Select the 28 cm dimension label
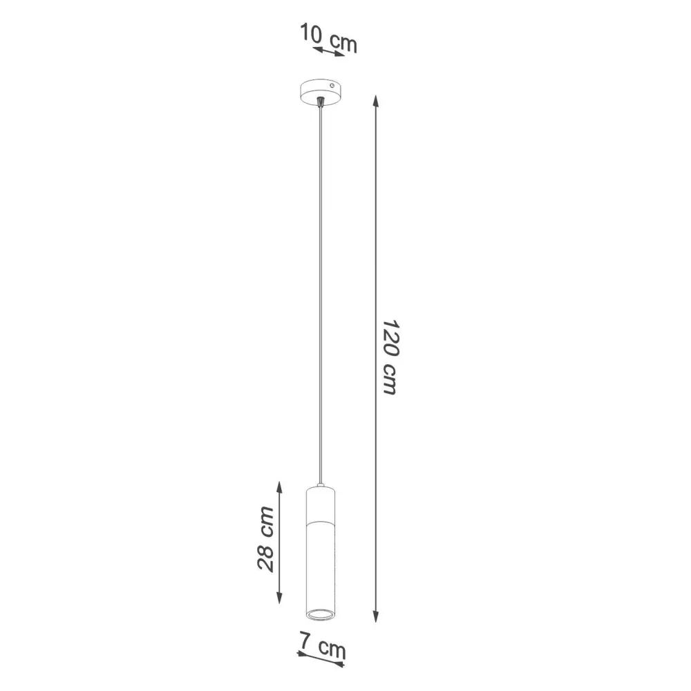[x=265, y=539]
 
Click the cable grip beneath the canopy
[x=320, y=103]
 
